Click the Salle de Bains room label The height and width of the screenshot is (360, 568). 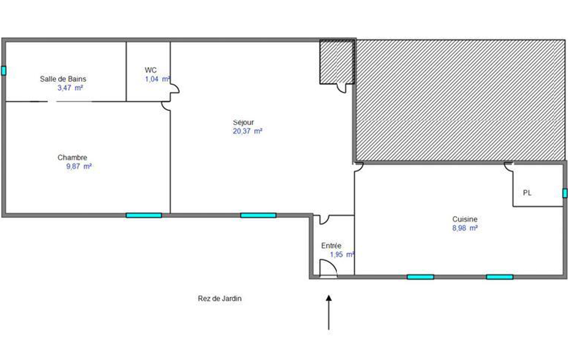[63, 79]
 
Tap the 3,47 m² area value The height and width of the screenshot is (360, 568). [70, 88]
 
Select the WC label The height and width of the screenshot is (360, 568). [151, 70]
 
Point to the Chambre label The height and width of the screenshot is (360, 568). [73, 157]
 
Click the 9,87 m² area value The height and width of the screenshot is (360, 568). [79, 167]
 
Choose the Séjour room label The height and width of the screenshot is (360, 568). [243, 122]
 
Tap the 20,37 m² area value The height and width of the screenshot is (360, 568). [247, 131]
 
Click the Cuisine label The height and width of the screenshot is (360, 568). [465, 219]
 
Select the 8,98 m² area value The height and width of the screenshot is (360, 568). [465, 228]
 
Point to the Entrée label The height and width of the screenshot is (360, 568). [331, 245]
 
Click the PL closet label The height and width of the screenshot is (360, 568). [527, 193]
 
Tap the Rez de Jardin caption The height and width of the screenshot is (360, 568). [219, 299]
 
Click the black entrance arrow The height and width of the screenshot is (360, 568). [329, 312]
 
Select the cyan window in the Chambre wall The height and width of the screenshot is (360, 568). [144, 215]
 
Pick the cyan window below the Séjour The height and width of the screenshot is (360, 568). [258, 215]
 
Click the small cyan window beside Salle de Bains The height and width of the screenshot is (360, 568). [4, 71]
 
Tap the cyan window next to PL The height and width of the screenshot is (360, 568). [565, 193]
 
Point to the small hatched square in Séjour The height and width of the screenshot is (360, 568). [337, 62]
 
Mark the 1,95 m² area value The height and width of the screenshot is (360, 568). [342, 255]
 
